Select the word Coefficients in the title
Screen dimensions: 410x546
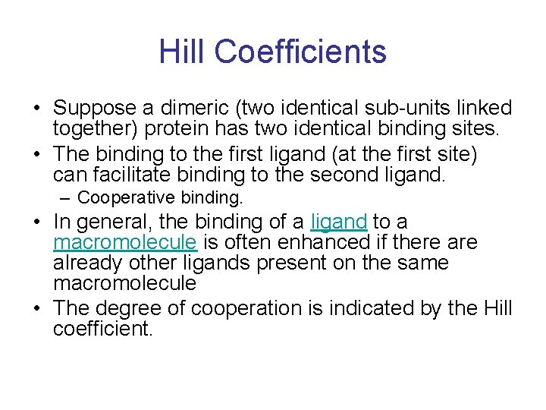pos(300,52)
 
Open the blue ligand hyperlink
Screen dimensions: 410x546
pos(339,222)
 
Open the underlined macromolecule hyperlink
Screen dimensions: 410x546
pos(125,242)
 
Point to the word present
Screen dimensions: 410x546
pos(283,263)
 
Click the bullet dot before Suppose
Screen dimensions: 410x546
pos(39,109)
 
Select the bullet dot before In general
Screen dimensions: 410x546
pos(39,222)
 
